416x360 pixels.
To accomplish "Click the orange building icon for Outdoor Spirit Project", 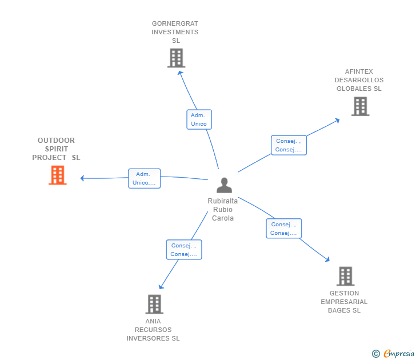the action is tap(58, 175).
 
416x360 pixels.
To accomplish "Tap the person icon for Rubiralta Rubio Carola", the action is tap(224, 185).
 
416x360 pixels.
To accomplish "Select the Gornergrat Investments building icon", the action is tap(176, 58).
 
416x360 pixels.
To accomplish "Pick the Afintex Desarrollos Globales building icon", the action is tap(360, 106).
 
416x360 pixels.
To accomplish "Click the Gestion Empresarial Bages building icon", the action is tap(345, 276).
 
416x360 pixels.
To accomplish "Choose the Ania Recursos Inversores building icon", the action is tap(154, 305).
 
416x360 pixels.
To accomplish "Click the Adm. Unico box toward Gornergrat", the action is tap(199, 119).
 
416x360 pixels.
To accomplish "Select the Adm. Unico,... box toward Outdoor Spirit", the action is tap(145, 178).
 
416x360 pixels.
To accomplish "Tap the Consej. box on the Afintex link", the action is tap(289, 145).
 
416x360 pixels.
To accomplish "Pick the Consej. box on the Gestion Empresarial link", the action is tap(284, 229).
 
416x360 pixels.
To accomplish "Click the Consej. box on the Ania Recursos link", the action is tap(184, 250).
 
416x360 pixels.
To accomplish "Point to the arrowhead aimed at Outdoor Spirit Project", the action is tap(82, 178).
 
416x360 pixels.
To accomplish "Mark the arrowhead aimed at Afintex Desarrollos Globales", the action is tap(337, 121).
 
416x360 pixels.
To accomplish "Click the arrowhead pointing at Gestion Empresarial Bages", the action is tap(327, 259).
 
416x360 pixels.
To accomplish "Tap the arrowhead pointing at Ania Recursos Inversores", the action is tap(161, 287).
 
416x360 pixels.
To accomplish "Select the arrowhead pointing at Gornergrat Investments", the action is tap(181, 73).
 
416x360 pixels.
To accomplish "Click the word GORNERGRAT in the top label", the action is tap(175, 23).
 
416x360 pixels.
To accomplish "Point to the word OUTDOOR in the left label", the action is tap(56, 141).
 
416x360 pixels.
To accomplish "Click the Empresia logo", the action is tap(393, 353).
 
